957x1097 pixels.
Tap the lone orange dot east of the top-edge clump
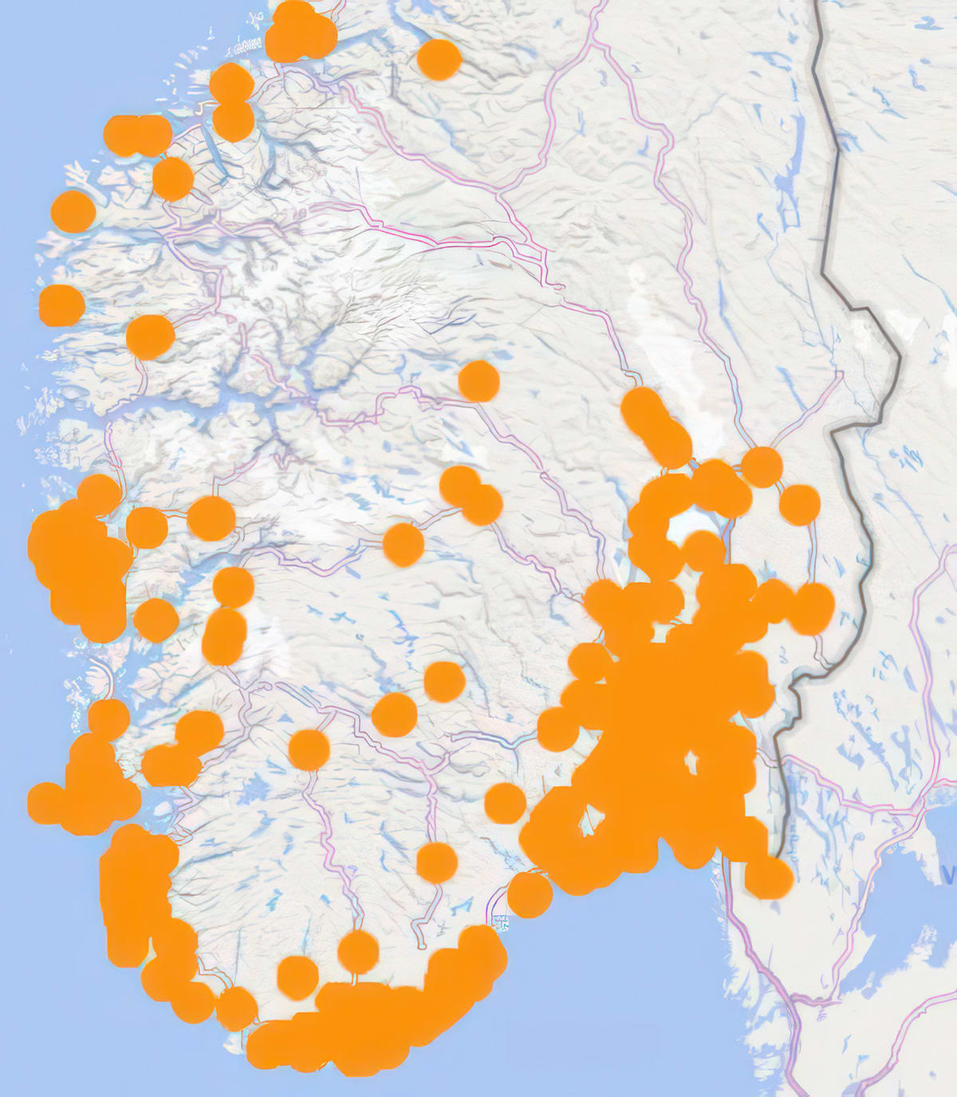(x=439, y=60)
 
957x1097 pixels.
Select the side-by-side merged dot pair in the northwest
(x=138, y=136)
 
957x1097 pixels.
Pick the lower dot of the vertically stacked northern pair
(x=234, y=120)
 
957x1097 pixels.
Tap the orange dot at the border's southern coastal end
(x=769, y=876)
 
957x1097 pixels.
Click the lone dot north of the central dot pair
(x=478, y=381)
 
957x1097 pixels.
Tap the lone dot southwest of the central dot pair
(x=403, y=545)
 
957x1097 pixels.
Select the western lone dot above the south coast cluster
(x=297, y=977)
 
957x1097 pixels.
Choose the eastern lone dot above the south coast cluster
(x=358, y=952)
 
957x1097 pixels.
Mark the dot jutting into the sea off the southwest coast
(x=45, y=803)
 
